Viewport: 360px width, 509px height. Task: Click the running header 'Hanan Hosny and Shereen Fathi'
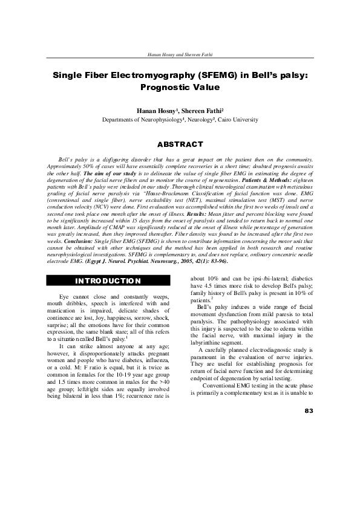pos(180,54)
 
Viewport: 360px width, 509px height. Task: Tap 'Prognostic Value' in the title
pos(180,87)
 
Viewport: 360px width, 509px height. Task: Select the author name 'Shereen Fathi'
pos(200,111)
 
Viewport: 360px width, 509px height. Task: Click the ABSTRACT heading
pos(180,145)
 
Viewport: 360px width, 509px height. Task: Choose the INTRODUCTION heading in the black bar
pos(108,281)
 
